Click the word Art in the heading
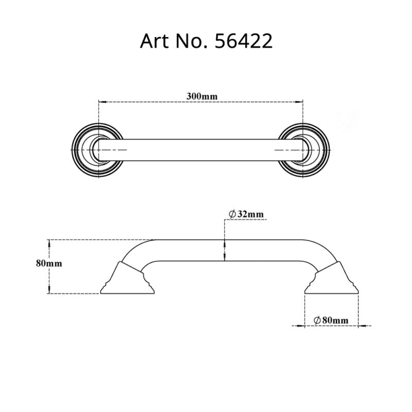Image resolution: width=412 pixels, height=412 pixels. coord(154,41)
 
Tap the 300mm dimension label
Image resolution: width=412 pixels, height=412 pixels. coord(201,96)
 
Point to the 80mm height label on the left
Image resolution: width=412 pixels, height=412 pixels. coord(49,263)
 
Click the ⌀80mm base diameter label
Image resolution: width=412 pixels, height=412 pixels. coord(330,320)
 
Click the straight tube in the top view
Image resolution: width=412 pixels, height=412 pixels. coord(201,150)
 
